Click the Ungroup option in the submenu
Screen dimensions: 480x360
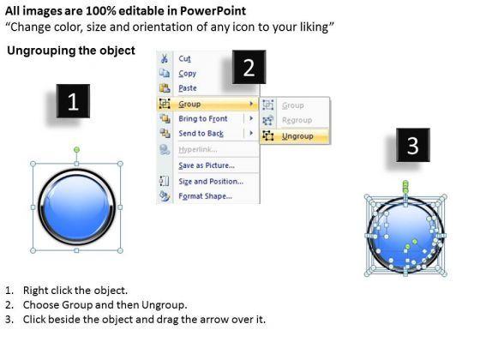297,136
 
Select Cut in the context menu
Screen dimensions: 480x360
184,58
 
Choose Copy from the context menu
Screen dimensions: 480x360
188,74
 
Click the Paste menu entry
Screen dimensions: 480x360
188,88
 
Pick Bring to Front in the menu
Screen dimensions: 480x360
203,118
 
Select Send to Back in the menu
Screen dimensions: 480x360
201,134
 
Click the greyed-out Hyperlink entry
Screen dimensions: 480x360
198,149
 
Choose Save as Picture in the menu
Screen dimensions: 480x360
207,165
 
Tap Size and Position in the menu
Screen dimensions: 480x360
211,181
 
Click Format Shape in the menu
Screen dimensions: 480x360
206,196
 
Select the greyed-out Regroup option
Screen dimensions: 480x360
297,120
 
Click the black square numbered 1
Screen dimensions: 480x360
73,101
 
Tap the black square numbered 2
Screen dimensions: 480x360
249,67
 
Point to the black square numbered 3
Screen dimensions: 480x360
412,145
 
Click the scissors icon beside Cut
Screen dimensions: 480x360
165,58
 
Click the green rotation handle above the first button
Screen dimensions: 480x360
76,150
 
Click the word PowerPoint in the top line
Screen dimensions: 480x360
213,11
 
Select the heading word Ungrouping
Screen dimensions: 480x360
41,51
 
